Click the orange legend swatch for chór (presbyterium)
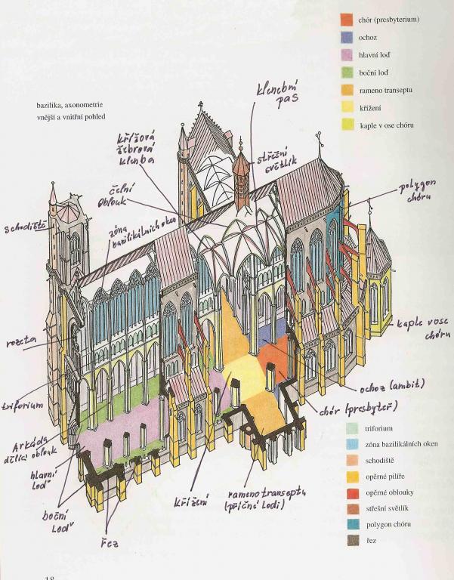[347, 20]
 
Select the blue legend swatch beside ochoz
[347, 38]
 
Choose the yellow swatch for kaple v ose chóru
[347, 125]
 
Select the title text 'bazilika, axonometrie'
[71, 106]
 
